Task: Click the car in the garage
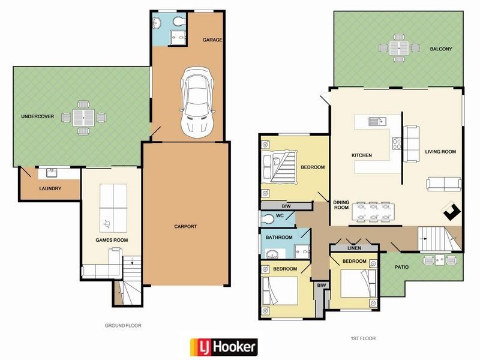coord(197,100)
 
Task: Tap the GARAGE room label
coord(212,40)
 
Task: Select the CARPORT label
coord(185,226)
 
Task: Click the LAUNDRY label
coord(50,188)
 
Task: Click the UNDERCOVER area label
coord(37,116)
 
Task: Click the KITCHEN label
coord(362,155)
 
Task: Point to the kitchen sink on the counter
coord(376,121)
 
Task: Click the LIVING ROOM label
coord(441,152)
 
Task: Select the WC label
coord(280,215)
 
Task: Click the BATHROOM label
coord(279,238)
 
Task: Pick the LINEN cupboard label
coord(353,248)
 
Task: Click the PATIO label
coord(401,266)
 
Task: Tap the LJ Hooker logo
coord(224,346)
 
